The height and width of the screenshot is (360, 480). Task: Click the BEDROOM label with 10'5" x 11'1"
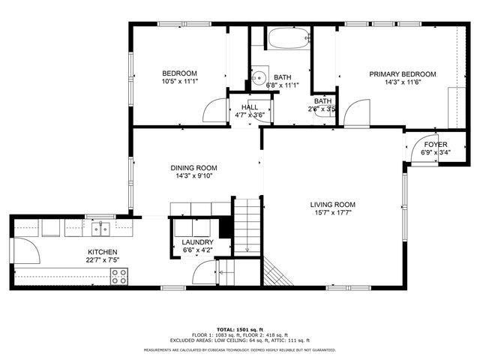[x=180, y=73]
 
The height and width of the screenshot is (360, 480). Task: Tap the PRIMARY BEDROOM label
[x=402, y=74]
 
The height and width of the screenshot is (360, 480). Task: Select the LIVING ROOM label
[x=332, y=204]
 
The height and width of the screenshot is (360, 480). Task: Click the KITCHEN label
[x=103, y=252]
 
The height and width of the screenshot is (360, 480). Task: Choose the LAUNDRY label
[x=197, y=241]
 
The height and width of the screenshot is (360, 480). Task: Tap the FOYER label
[x=436, y=144]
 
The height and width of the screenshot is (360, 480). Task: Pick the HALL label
[x=249, y=108]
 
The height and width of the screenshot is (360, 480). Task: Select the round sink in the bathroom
[x=259, y=76]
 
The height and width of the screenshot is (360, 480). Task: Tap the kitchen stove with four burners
[x=119, y=276]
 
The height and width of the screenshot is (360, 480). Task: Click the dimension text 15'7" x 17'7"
[x=332, y=212]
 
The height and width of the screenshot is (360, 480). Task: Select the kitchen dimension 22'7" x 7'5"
[x=103, y=260]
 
